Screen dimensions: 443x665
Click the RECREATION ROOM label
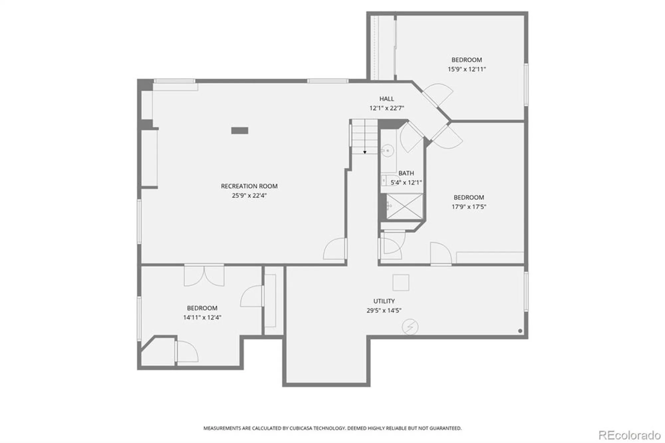point(249,186)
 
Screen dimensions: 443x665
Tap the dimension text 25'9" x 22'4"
point(249,196)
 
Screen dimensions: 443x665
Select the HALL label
point(386,99)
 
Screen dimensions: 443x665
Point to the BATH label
point(406,173)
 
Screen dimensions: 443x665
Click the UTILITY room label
point(384,301)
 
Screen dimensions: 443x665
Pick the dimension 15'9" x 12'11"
point(466,69)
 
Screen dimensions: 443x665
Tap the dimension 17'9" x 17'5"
point(468,207)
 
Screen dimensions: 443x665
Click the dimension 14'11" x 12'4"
point(202,317)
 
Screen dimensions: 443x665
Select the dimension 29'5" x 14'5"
point(384,310)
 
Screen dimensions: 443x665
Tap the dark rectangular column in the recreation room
point(239,131)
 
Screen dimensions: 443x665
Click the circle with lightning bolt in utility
point(410,327)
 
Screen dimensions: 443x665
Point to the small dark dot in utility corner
point(520,331)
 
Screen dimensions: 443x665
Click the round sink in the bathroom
point(387,151)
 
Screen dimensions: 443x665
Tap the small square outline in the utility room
point(401,283)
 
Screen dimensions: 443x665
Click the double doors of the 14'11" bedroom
point(204,275)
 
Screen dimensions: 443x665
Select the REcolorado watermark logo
point(629,435)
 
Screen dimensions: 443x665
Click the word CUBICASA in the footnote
point(300,428)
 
